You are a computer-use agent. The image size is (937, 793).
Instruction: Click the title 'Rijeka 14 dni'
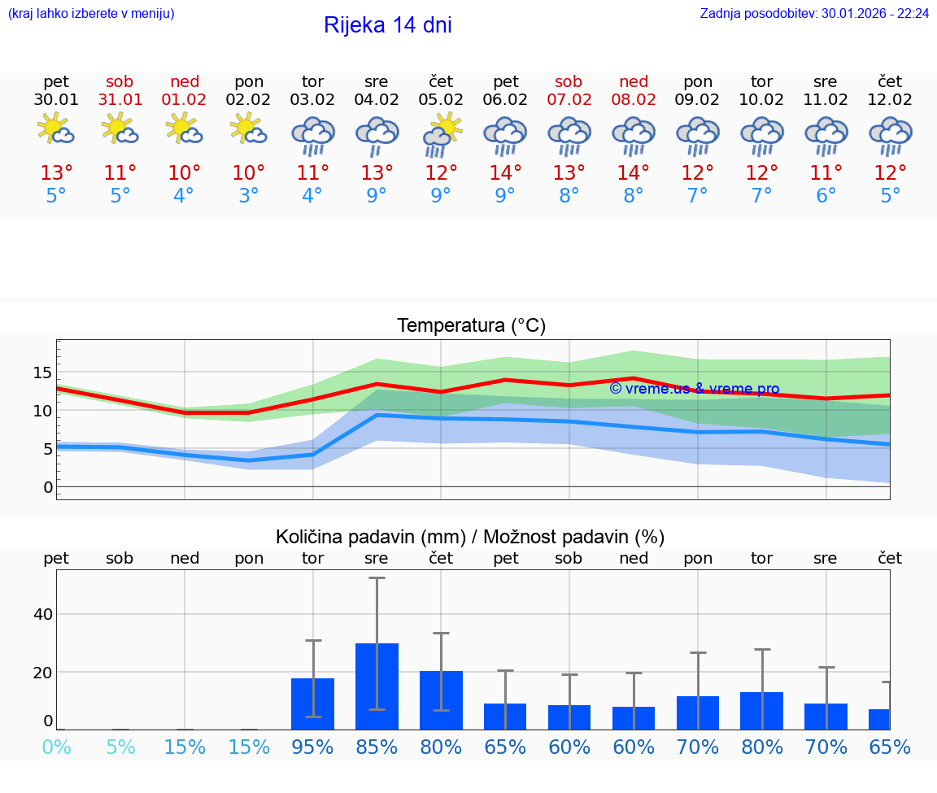coord(387,25)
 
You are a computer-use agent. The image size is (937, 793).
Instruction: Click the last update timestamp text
coord(814,13)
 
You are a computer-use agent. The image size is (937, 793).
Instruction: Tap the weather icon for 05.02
coord(441,134)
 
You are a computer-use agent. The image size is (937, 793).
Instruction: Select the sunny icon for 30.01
coord(56,130)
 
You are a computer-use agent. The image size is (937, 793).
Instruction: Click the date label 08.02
coord(634,100)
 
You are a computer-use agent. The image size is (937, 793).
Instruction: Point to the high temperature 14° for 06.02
coord(505,173)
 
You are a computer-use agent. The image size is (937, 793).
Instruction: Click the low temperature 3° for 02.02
coord(249,196)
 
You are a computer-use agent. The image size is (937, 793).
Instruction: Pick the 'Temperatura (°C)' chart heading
coord(471,325)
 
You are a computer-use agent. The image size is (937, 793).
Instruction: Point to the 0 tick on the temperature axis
coord(47,487)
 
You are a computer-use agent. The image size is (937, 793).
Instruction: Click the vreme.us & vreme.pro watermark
coord(694,389)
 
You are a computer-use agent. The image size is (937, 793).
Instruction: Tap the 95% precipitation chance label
coord(312,747)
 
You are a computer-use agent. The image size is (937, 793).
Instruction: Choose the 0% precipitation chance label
coord(56,747)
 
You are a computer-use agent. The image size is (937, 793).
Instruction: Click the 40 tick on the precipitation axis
coord(42,614)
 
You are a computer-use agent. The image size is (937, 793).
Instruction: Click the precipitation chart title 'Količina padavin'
coord(370,537)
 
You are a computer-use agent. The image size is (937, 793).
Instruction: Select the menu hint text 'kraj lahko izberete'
coord(90,13)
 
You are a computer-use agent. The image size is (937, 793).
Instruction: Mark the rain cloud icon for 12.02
coord(890,134)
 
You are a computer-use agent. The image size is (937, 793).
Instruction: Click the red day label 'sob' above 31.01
coord(120,82)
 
